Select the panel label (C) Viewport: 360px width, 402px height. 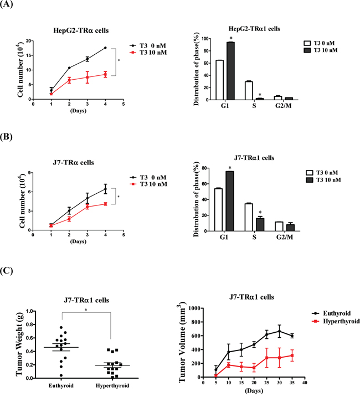pyautogui.click(x=10, y=272)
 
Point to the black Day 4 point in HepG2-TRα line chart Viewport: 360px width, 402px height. pyautogui.click(x=105, y=48)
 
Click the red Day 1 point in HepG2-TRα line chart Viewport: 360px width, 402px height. pyautogui.click(x=52, y=94)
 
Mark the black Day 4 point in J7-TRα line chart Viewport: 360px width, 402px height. pyautogui.click(x=105, y=189)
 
